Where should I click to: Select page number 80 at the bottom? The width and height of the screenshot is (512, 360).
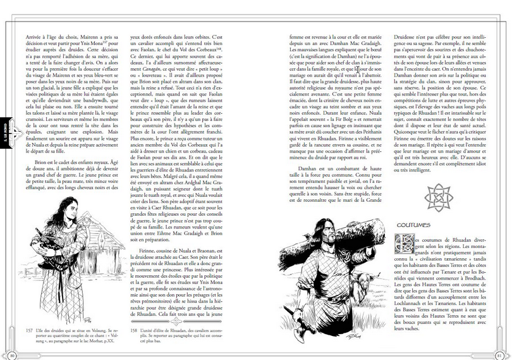click(12, 354)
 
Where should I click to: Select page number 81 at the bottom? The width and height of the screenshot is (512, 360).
click(499, 354)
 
